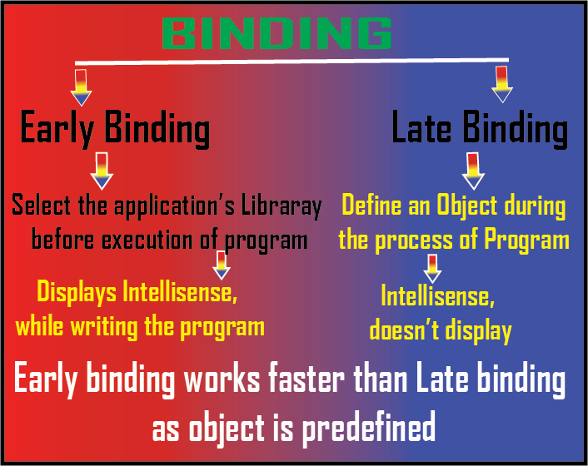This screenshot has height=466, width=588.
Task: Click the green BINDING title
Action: click(277, 33)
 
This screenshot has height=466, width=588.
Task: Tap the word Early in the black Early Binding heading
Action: click(57, 128)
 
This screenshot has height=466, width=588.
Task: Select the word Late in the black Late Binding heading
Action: click(421, 126)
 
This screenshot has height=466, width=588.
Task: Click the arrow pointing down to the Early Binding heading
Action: click(81, 87)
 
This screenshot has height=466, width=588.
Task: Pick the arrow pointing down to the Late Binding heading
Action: click(501, 84)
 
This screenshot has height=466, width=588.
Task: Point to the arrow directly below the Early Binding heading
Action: click(102, 171)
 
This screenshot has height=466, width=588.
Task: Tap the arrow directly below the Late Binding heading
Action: click(473, 171)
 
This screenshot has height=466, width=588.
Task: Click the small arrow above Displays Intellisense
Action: click(222, 265)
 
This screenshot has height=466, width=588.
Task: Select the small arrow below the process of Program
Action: click(432, 269)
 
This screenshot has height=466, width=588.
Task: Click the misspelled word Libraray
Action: click(282, 206)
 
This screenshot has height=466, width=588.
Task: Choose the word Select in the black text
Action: click(41, 205)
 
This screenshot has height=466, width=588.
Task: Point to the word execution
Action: click(147, 240)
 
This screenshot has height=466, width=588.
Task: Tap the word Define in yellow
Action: click(371, 205)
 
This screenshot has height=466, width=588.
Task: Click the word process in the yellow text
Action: click(414, 240)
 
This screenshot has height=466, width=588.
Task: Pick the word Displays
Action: click(77, 292)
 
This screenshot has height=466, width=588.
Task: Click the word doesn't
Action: click(404, 330)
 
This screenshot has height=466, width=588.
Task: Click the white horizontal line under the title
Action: click(292, 62)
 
